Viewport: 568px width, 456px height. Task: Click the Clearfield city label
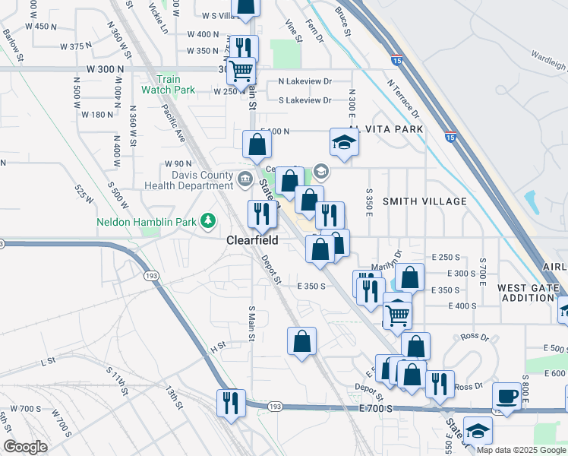point(252,240)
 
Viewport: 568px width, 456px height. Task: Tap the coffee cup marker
point(507,397)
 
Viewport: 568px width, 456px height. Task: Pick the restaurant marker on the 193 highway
point(231,402)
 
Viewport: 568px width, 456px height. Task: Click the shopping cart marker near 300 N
point(241,71)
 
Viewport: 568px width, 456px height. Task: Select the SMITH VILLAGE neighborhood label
point(424,201)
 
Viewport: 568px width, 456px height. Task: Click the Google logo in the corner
point(25,447)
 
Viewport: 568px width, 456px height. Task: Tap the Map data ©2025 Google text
point(521,451)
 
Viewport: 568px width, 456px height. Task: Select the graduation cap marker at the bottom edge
point(478,432)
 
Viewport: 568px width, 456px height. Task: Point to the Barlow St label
point(13,42)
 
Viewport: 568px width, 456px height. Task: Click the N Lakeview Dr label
point(305,81)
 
